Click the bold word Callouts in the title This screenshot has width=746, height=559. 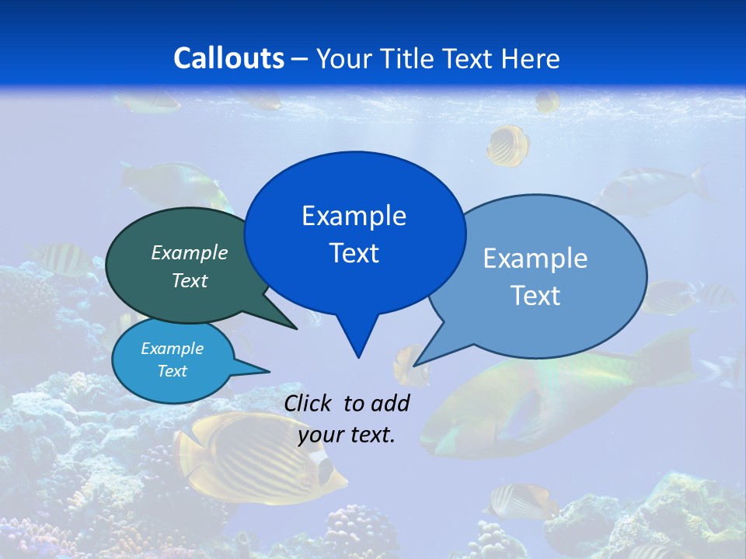pos(229,58)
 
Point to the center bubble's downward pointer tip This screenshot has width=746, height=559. pos(358,356)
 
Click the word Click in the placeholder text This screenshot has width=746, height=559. pos(308,403)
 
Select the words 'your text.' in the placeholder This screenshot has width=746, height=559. pos(347,435)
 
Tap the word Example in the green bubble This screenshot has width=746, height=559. pos(190,252)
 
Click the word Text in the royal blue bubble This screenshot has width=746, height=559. pos(354,253)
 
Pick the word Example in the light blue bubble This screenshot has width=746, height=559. pos(535,259)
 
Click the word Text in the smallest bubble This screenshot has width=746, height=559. pos(173,371)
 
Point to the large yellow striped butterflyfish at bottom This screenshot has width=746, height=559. pos(256,458)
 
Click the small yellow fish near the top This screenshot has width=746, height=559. pos(509,145)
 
